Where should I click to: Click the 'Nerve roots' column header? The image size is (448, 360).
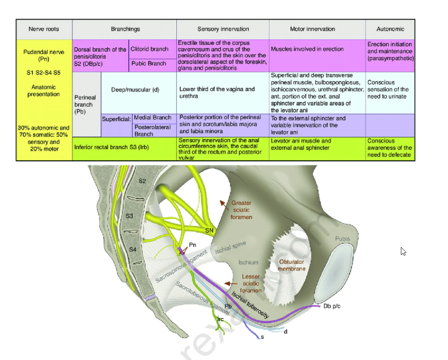(x=44, y=29)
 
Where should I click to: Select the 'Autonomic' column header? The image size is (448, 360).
(x=390, y=29)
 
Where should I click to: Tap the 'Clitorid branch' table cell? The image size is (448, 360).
(x=153, y=49)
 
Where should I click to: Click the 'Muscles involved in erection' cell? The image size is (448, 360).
(x=307, y=49)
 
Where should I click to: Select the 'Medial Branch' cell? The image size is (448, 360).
(x=152, y=118)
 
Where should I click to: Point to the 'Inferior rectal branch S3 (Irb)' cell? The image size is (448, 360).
(x=112, y=148)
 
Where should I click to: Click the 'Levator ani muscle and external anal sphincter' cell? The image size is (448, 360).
(x=301, y=144)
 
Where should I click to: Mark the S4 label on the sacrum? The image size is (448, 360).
(x=132, y=249)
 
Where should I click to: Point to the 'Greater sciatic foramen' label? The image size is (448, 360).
(x=242, y=210)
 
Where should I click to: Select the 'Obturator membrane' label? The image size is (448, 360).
(x=292, y=265)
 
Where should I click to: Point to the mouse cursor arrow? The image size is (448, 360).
(x=403, y=251)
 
